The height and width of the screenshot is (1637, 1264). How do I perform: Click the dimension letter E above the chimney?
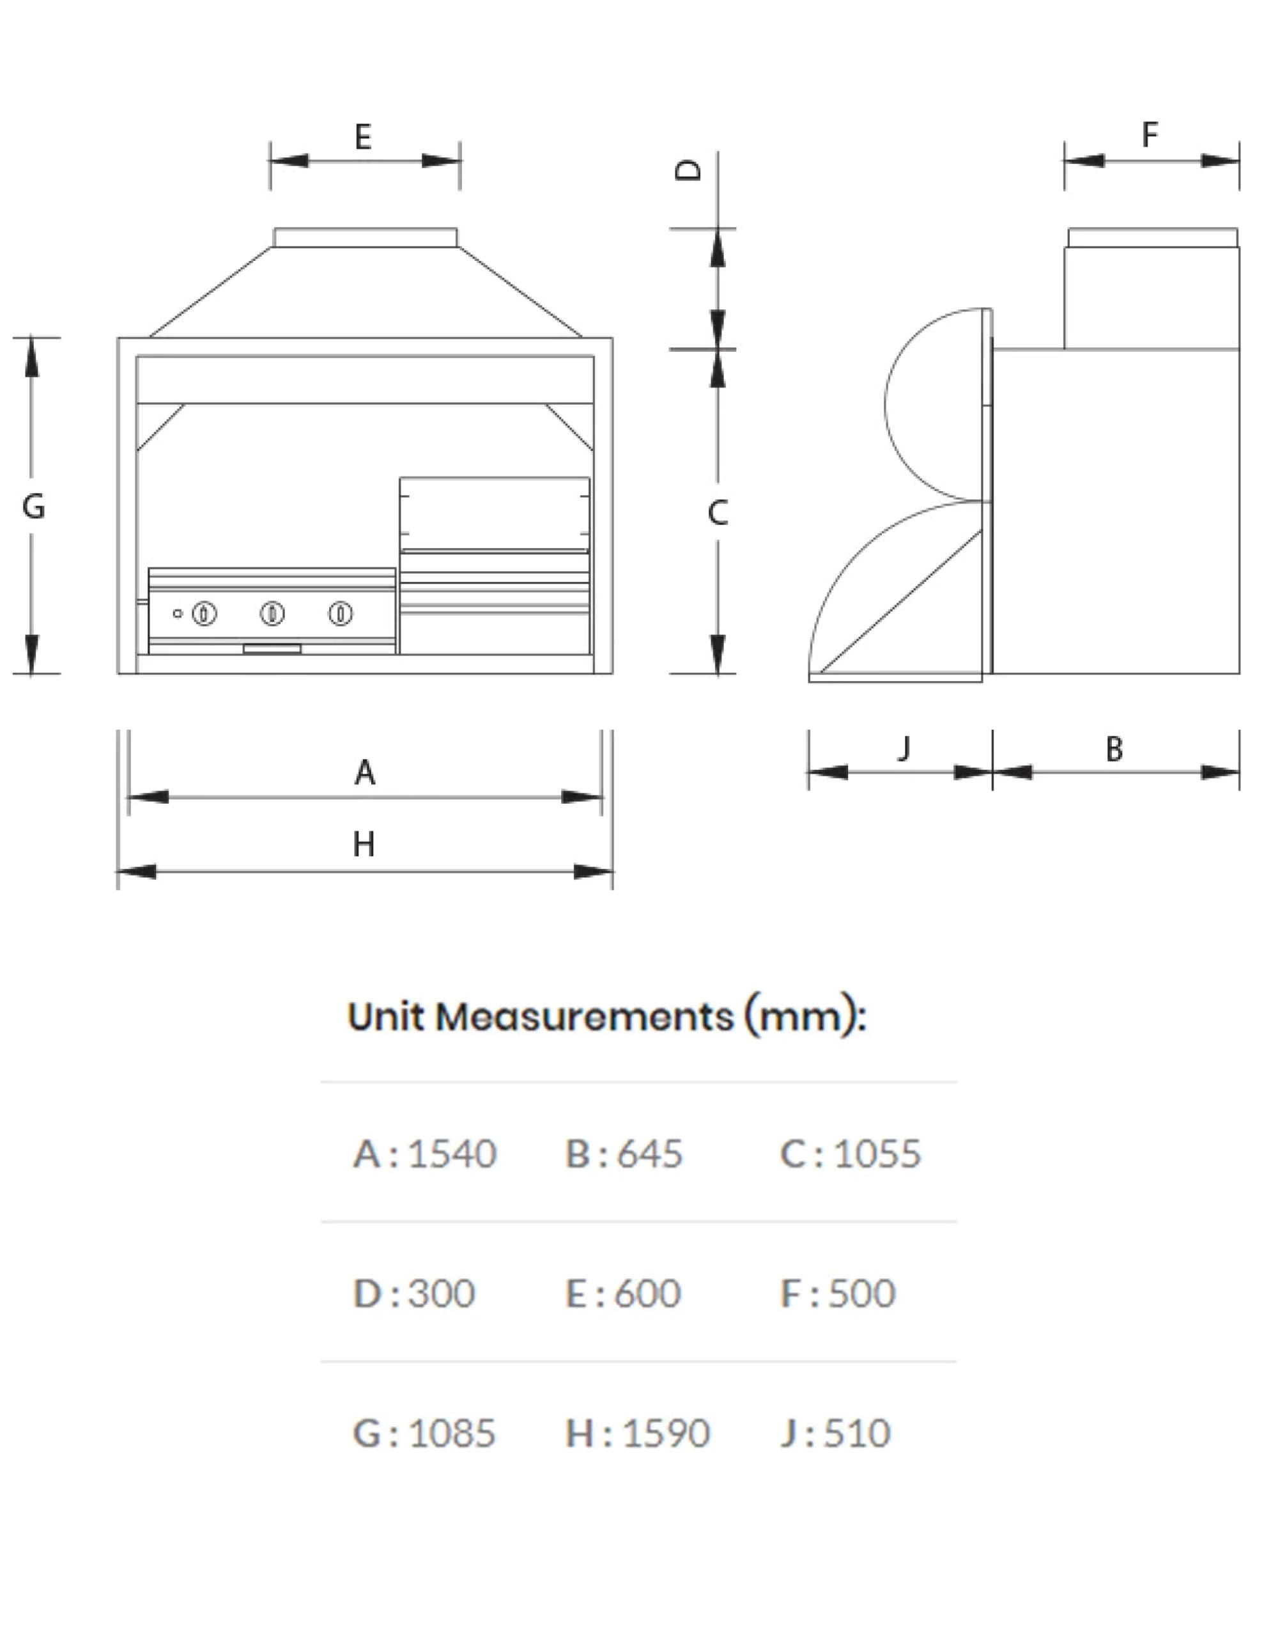tap(362, 137)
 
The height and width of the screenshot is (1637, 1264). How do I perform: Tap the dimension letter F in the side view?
tap(1150, 135)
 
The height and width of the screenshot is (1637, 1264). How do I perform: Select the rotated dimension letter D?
tap(688, 170)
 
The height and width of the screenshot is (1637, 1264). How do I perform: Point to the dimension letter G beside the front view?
tap(34, 506)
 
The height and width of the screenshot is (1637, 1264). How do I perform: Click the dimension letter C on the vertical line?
tap(717, 513)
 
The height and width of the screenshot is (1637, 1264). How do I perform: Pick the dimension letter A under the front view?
tap(365, 772)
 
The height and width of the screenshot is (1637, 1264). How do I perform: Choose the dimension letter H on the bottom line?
tap(364, 845)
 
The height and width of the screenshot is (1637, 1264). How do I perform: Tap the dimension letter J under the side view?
tap(904, 748)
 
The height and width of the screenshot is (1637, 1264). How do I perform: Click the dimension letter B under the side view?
tap(1114, 749)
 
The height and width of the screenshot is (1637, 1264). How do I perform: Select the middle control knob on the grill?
tap(272, 614)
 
